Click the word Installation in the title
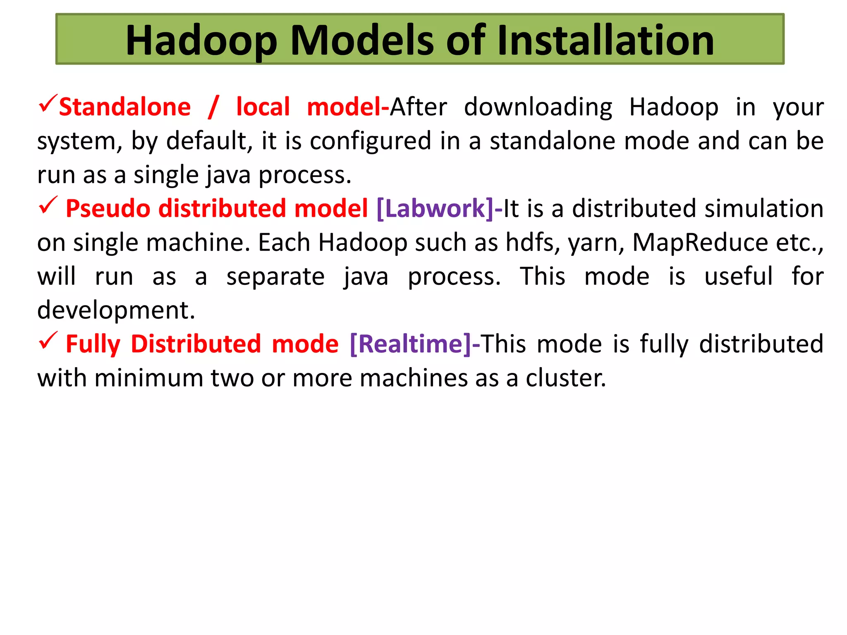(605, 40)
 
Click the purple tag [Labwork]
(435, 208)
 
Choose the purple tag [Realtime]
(410, 344)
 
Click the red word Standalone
(125, 107)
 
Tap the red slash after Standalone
(213, 107)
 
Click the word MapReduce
(700, 242)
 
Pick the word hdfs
(532, 242)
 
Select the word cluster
(565, 378)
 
